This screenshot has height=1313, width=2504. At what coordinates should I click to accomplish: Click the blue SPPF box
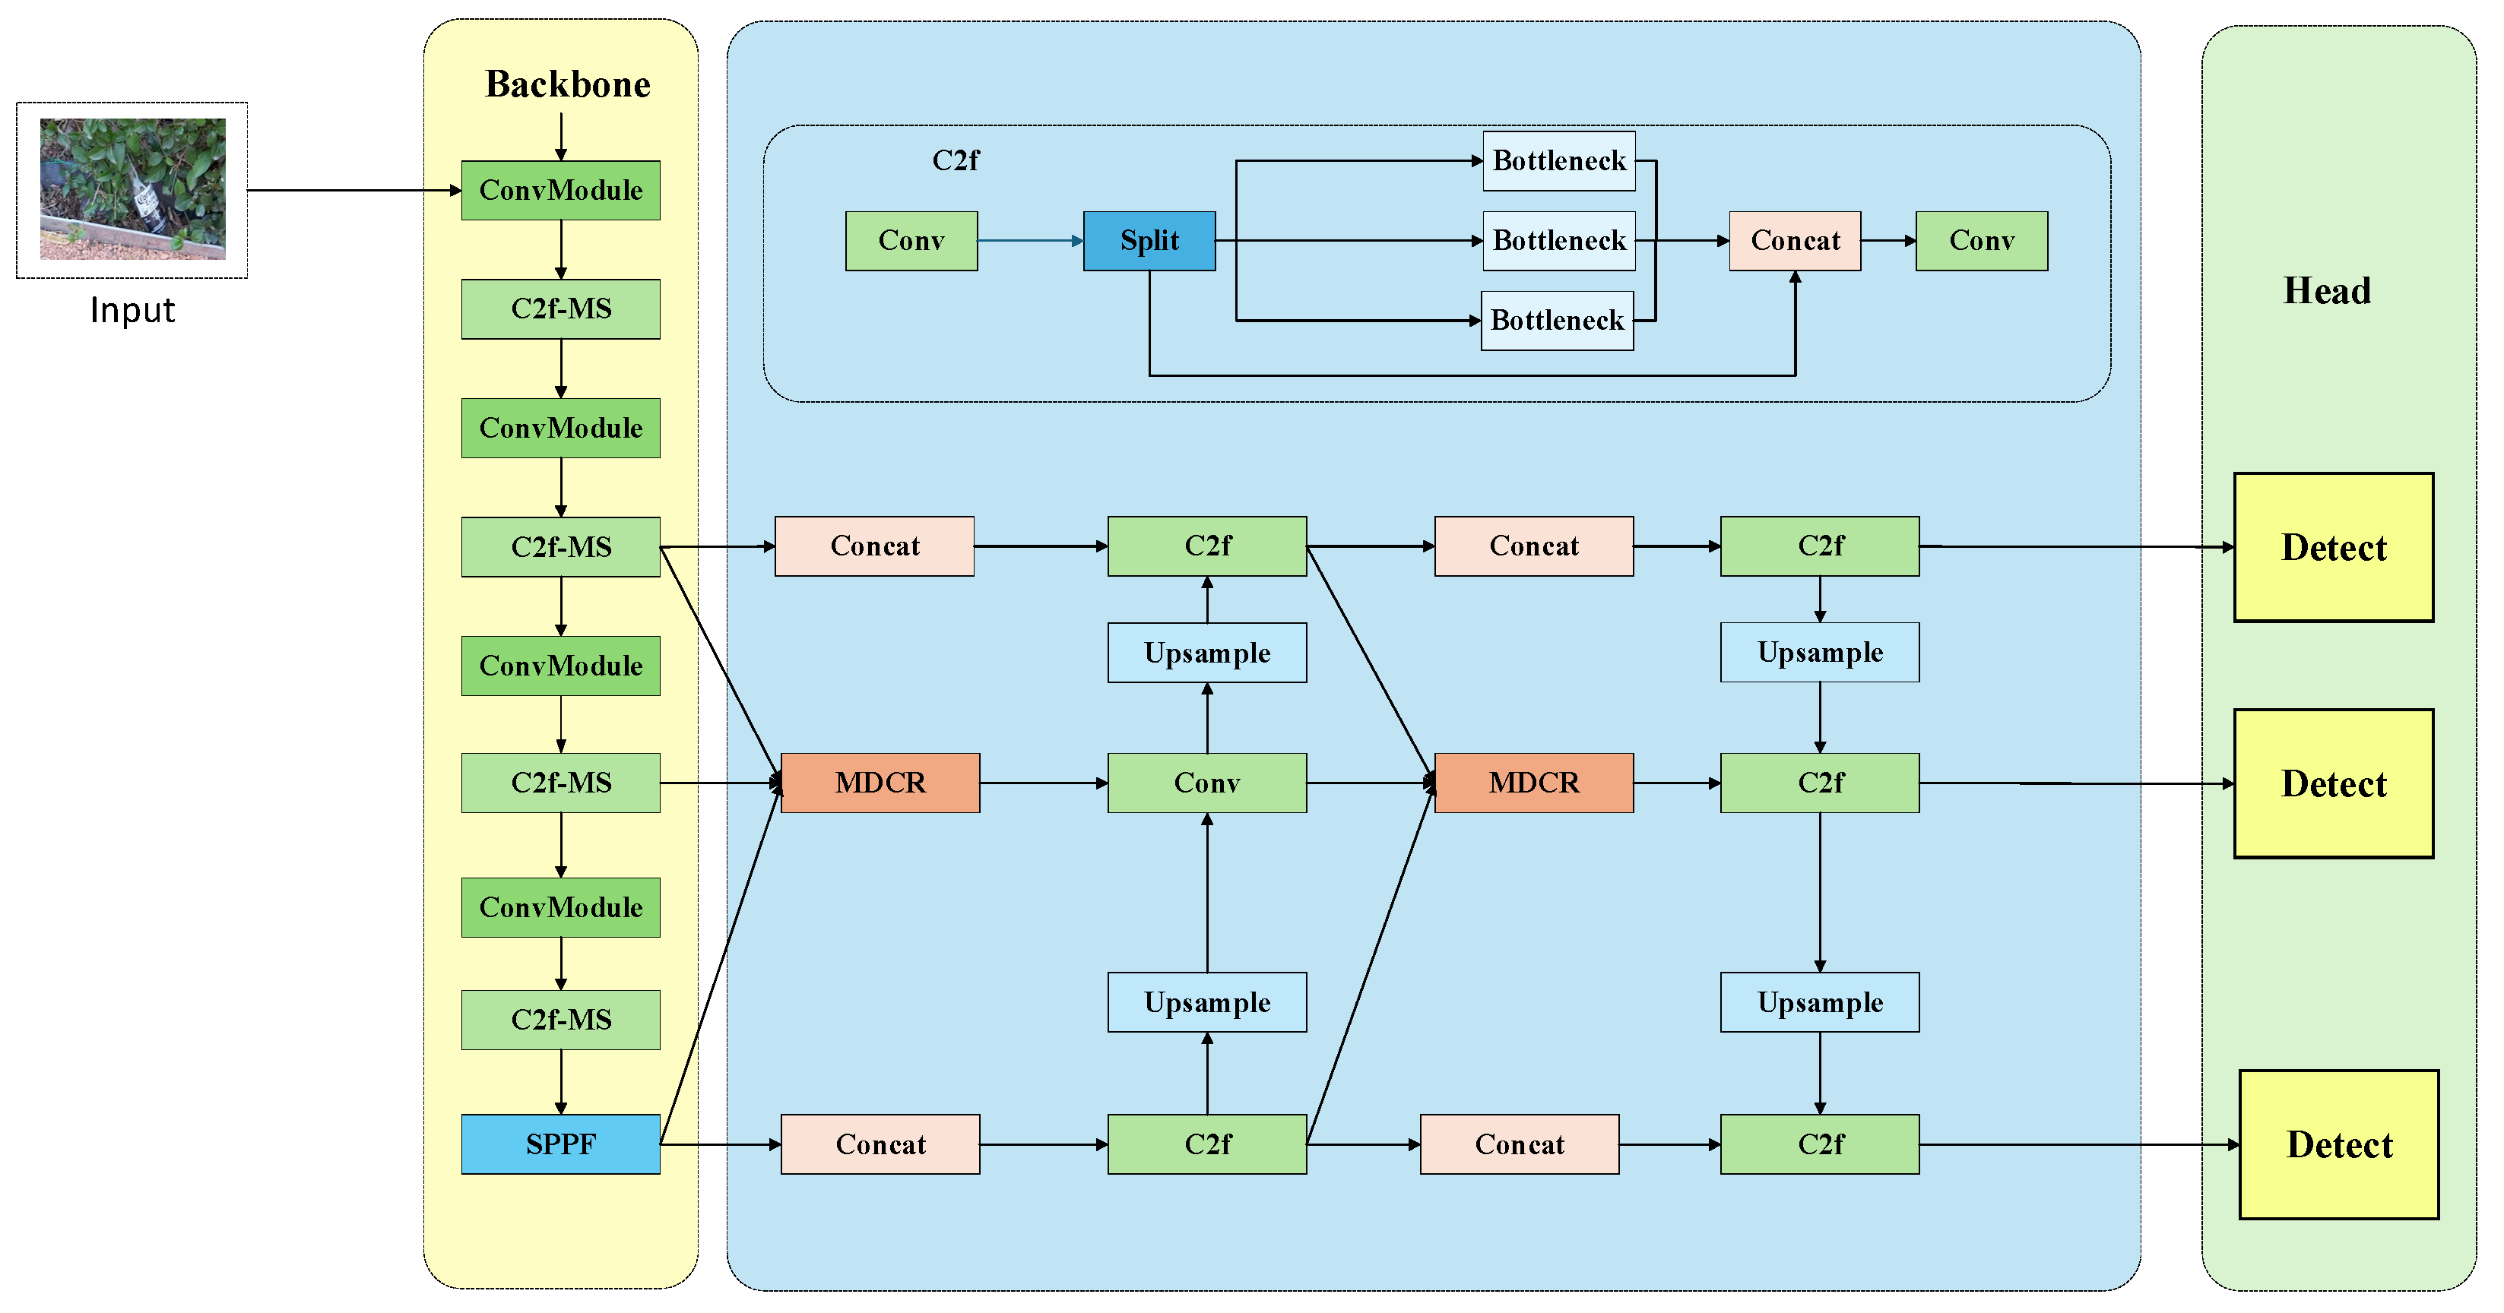(560, 1143)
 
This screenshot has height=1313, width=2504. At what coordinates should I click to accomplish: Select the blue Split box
(1149, 240)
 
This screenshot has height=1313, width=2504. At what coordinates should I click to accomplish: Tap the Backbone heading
(568, 84)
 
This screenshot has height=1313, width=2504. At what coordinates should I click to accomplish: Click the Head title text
(2326, 290)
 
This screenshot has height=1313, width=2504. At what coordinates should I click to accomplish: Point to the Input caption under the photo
(132, 310)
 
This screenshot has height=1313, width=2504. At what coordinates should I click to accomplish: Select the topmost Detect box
(2333, 547)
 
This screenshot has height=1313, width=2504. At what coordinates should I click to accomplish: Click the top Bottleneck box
(1558, 160)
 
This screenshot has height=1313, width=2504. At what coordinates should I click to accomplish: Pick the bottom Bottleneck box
(1556, 320)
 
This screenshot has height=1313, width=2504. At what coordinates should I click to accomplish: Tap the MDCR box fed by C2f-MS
(880, 783)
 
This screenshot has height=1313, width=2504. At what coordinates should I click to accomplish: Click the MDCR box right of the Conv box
(1533, 783)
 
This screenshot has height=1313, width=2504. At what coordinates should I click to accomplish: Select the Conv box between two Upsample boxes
(1206, 783)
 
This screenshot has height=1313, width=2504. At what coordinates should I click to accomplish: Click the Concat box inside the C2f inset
(1795, 240)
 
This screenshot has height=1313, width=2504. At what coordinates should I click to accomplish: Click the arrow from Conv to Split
(1030, 240)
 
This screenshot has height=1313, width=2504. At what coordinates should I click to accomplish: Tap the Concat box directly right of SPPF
(880, 1144)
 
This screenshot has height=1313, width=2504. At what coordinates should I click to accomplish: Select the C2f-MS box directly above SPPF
(560, 1020)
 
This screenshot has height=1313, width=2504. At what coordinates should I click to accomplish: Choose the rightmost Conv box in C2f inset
(1981, 240)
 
